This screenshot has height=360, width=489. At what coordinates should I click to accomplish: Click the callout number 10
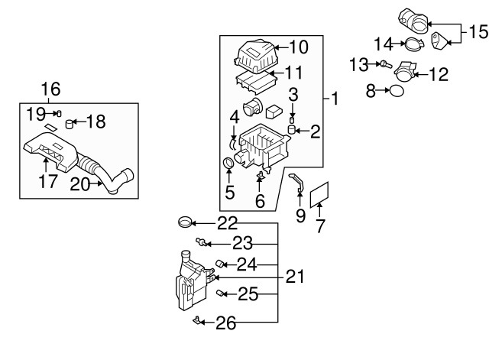tap(299, 47)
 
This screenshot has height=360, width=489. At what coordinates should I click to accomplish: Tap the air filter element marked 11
tap(255, 83)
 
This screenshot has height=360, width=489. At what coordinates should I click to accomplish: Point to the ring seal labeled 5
tap(229, 163)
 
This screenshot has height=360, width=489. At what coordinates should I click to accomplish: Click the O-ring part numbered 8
tap(397, 91)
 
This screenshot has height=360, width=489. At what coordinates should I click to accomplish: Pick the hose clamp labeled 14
tap(414, 44)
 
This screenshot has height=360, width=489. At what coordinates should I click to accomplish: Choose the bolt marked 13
tap(386, 64)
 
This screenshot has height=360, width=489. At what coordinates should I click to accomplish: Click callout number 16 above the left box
tap(50, 89)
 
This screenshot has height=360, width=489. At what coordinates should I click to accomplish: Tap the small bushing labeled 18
tap(70, 124)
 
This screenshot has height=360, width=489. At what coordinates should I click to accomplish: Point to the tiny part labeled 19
tap(59, 113)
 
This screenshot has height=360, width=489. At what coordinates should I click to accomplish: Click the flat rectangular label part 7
tap(319, 195)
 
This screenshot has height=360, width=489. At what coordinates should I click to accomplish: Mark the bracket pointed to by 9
tap(298, 183)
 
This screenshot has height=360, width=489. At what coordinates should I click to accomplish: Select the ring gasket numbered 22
tap(185, 222)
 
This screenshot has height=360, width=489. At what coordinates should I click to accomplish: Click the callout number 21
tap(295, 277)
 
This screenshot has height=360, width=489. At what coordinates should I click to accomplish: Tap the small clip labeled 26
tap(197, 320)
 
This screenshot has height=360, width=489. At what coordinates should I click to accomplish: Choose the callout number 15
tap(478, 32)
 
